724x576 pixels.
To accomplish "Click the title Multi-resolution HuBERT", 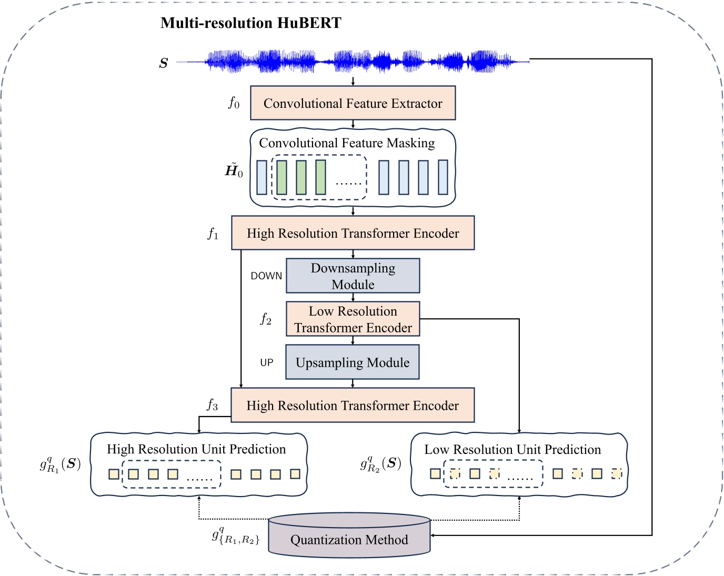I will pos(250,23).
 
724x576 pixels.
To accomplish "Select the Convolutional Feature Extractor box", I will pos(353,103).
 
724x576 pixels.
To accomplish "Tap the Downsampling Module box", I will pos(353,276).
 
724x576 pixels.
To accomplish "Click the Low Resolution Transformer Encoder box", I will pos(353,319).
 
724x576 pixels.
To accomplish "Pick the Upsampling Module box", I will pos(353,362).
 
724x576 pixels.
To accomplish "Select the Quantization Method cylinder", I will pos(349,537).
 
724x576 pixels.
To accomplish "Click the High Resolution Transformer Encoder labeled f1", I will pos(353,233).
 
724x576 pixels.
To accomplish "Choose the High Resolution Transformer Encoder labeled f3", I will pos(353,406).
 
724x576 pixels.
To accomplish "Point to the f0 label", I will pos(234,103).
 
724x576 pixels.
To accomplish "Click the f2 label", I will pos(266,319).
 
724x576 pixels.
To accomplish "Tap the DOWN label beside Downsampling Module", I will pos(266,276).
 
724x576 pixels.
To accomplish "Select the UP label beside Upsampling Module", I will pos(267,363).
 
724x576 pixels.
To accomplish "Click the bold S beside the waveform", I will pos(164,64).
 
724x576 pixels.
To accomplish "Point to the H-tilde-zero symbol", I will pos(234,170).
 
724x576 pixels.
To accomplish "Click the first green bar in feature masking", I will pos(281,177).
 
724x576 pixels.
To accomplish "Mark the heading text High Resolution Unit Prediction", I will pos(196,449).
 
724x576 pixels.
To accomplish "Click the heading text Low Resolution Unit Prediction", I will pos(512,450).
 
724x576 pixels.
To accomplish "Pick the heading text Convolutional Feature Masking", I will pos(347,143).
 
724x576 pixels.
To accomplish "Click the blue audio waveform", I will pos(353,62).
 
